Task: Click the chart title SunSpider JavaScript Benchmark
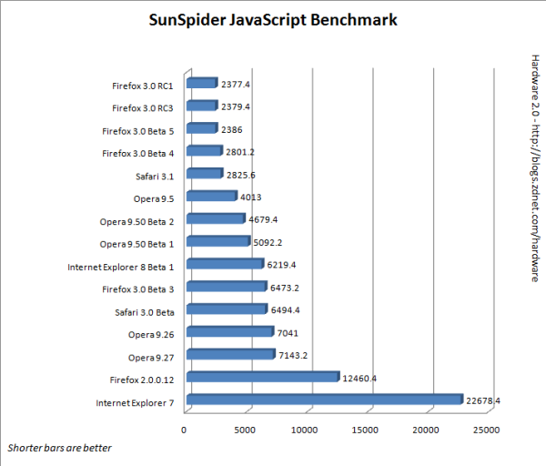272,20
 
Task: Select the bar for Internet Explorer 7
323,400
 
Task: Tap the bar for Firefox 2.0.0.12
261,378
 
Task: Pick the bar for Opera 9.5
210,197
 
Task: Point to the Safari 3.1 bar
203,174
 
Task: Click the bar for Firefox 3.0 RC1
200,84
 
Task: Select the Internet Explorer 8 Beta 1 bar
223,265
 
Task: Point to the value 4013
252,196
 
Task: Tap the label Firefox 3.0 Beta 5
136,130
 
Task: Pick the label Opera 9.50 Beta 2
136,220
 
